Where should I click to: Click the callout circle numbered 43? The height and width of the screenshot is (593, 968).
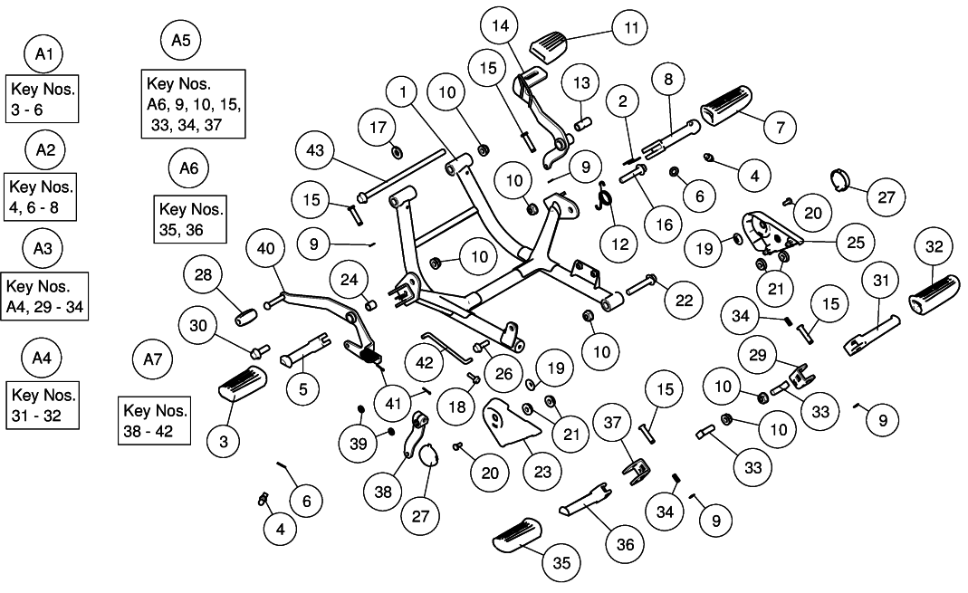click(x=320, y=149)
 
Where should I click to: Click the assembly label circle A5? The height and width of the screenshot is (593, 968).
click(x=180, y=40)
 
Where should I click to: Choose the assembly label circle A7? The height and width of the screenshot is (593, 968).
click(x=151, y=359)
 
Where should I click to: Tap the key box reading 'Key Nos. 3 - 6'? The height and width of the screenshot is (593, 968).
click(x=43, y=99)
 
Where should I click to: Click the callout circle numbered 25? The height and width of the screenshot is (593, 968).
click(x=856, y=243)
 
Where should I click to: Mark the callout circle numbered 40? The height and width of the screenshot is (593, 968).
click(x=265, y=249)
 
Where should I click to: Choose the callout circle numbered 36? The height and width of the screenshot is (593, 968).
click(x=625, y=544)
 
